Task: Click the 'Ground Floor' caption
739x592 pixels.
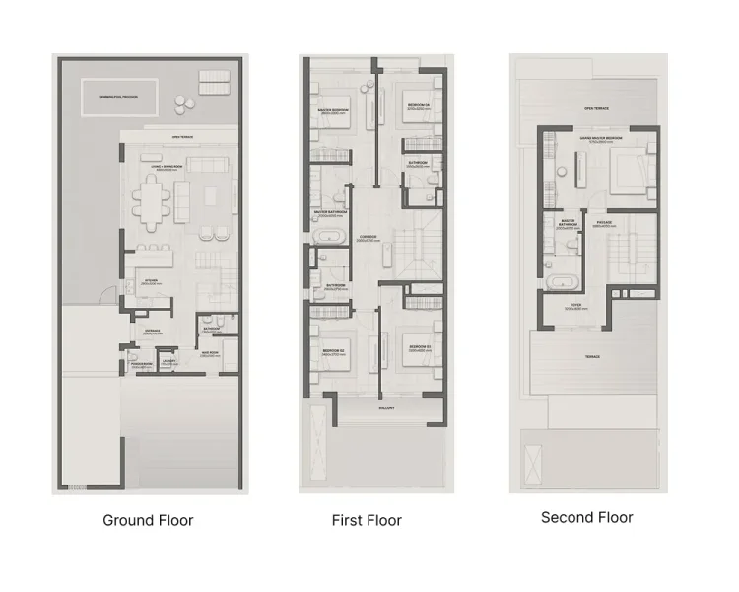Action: pos(148,520)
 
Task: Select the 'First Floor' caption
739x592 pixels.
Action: pos(367,520)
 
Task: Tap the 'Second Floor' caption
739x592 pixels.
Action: pos(586,517)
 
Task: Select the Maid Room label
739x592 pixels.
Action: pos(209,352)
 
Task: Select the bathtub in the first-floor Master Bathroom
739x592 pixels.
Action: pos(326,237)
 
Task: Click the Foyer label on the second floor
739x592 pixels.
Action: pos(574,306)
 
